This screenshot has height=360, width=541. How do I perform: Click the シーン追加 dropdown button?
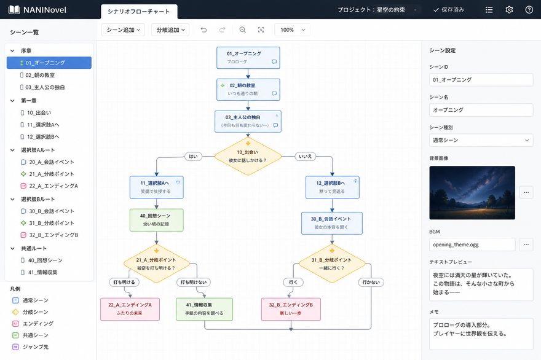pyautogui.click(x=123, y=30)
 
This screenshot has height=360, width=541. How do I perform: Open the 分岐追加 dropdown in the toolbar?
pyautogui.click(x=170, y=30)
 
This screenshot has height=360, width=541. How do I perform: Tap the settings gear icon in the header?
pyautogui.click(x=509, y=10)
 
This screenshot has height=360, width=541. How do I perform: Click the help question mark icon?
pyautogui.click(x=529, y=10)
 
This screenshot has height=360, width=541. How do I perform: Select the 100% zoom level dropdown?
pyautogui.click(x=292, y=30)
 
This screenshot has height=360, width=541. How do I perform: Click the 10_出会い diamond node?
pyautogui.click(x=248, y=156)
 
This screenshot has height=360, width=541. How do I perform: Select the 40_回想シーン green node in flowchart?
pyautogui.click(x=156, y=220)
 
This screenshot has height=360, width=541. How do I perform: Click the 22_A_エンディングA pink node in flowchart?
pyautogui.click(x=130, y=309)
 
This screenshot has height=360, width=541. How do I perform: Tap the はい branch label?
pyautogui.click(x=193, y=156)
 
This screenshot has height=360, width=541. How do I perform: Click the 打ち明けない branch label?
pyautogui.click(x=194, y=282)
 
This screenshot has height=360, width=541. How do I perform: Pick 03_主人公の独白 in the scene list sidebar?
pyautogui.click(x=45, y=87)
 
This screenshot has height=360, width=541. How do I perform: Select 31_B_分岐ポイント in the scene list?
pyautogui.click(x=52, y=223)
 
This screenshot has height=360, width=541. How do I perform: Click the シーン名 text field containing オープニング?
pyautogui.click(x=481, y=110)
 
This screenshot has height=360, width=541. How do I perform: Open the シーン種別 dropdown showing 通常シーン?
pyautogui.click(x=481, y=140)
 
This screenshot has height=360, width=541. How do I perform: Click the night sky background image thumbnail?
pyautogui.click(x=472, y=193)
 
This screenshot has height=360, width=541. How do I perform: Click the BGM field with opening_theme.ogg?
pyautogui.click(x=472, y=245)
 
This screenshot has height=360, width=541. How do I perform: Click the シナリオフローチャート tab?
pyautogui.click(x=139, y=12)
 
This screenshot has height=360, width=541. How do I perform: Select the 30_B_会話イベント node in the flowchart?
pyautogui.click(x=332, y=223)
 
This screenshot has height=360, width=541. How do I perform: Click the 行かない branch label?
pyautogui.click(x=371, y=282)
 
